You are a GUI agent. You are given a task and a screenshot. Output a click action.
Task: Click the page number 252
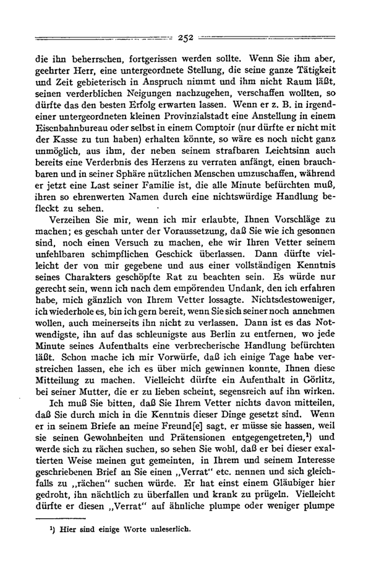185,38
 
